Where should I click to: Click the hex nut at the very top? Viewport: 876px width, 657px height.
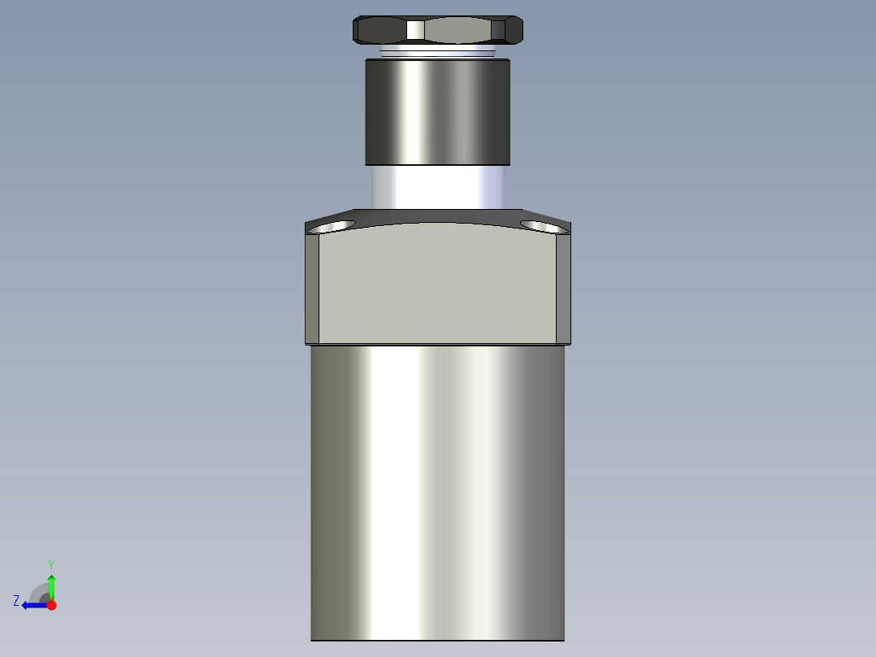coord(438,30)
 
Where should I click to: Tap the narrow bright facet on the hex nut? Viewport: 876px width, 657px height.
coord(415,30)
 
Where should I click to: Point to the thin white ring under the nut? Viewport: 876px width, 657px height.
coord(437,51)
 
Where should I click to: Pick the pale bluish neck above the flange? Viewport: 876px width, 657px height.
coord(437,186)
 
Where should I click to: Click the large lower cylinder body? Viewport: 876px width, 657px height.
coord(437,488)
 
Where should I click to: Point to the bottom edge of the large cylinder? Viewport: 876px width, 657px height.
coord(437,640)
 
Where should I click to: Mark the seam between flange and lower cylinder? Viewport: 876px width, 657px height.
coord(437,345)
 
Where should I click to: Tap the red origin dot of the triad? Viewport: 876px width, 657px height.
coord(51,605)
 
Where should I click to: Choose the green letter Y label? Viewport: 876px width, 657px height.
coord(51,564)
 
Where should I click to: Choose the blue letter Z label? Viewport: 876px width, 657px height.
coord(16,601)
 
